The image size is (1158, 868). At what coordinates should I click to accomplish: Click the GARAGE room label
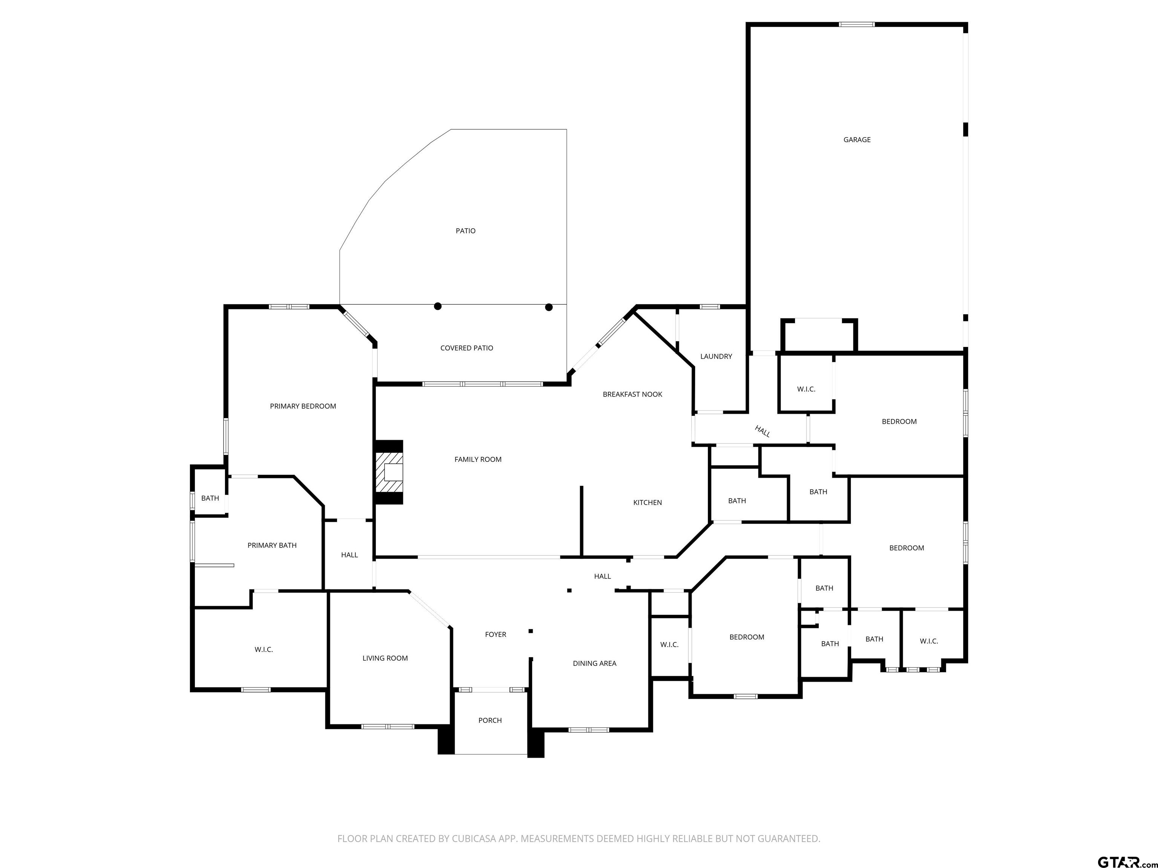tap(857, 140)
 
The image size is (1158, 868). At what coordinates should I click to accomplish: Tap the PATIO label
tap(466, 231)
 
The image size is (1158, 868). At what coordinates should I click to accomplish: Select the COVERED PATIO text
tap(466, 348)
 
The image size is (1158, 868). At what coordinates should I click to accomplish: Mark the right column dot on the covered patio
tap(548, 307)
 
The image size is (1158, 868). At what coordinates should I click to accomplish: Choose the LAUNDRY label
tap(716, 356)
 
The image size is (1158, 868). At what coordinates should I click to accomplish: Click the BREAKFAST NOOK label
tap(633, 394)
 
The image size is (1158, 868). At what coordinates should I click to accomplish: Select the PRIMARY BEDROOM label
tap(303, 406)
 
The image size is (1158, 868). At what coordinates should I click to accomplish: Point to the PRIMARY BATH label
tap(272, 545)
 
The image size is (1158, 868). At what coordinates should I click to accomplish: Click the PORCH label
tap(490, 720)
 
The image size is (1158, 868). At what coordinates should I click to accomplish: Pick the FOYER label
tap(496, 635)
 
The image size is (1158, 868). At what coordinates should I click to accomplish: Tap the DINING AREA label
tap(595, 663)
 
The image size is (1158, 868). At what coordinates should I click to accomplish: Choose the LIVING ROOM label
tap(385, 658)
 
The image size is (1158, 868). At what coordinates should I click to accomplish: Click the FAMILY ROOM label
tap(478, 459)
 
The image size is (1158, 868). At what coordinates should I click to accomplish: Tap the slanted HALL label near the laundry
tap(762, 431)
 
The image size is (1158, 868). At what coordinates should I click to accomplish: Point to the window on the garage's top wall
tap(856, 24)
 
